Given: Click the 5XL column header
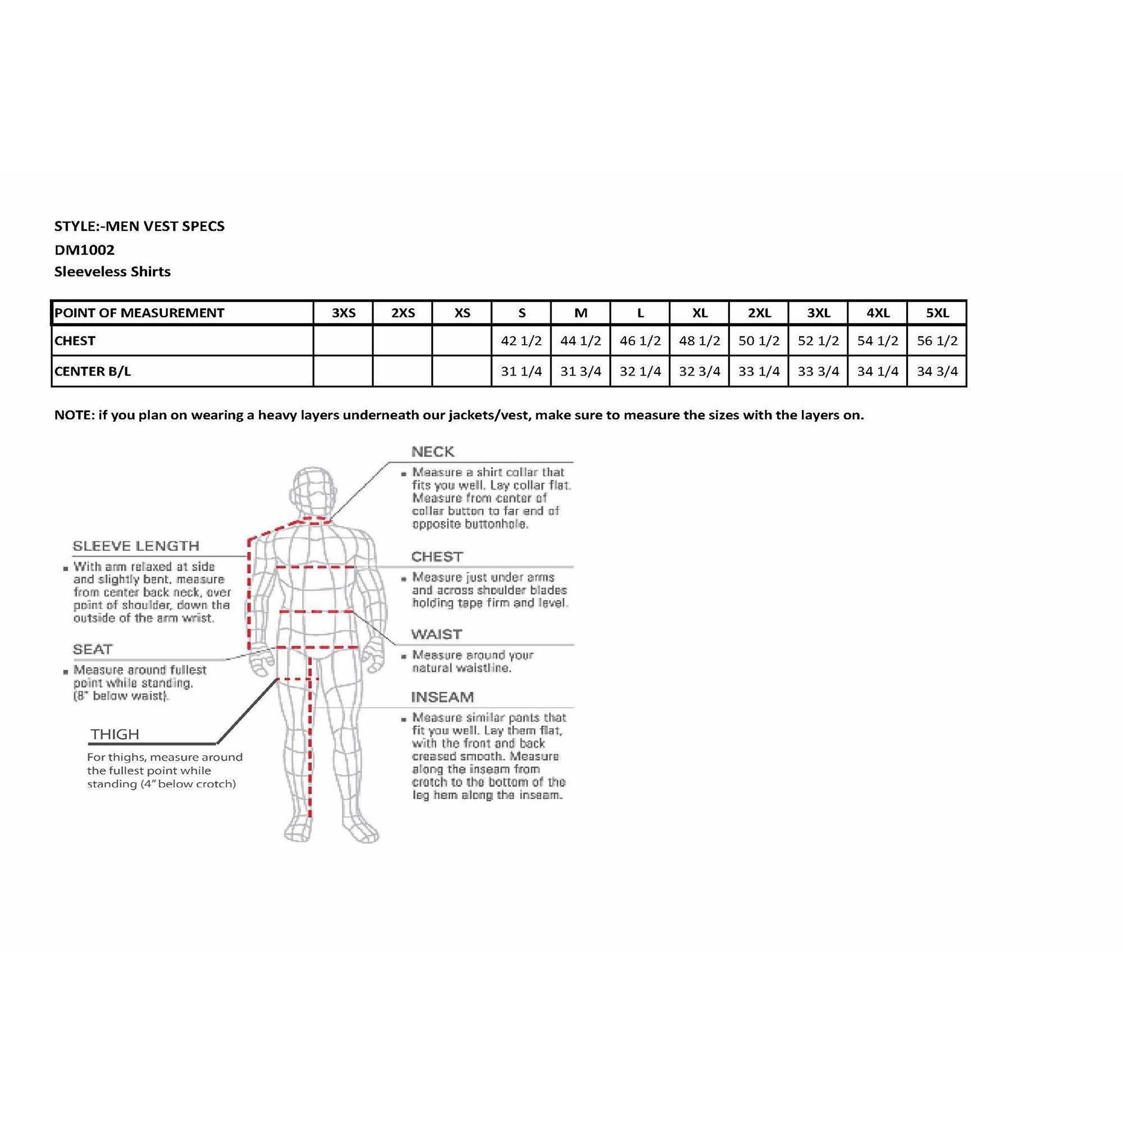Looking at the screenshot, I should pos(937,313).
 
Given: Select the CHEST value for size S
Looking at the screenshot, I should pos(521,341).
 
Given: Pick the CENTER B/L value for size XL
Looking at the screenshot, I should pos(699,371).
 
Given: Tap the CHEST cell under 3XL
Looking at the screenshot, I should pos(818,341).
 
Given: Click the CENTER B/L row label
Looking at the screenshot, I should pos(93,371).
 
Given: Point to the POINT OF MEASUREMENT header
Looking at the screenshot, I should pos(139,313).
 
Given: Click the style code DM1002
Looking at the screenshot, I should pos(84,250).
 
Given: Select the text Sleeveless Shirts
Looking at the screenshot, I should pos(112,271).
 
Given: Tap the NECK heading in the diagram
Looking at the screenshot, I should pos(432,451).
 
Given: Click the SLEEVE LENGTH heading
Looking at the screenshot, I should pos(135,546).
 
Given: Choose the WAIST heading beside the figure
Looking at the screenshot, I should pos(436,633).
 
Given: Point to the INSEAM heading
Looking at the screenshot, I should pos(442,697).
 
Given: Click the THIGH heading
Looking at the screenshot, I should pos(115,734).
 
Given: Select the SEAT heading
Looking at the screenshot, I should pos(93,649).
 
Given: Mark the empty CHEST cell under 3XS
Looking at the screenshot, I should pos(343,341).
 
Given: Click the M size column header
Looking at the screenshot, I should pos(581,313).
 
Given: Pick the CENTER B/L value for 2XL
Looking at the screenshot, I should pos(759,371).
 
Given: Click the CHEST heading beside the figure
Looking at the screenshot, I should pos(436,557).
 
